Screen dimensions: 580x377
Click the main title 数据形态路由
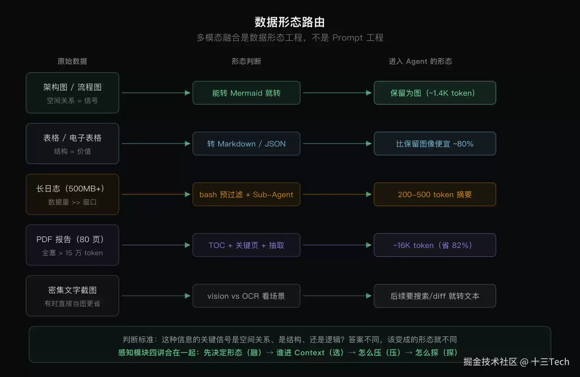[x=290, y=22]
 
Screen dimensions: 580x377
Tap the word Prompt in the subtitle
[x=348, y=38]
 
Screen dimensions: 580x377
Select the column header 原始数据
[x=72, y=61]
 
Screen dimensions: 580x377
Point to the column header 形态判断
[x=246, y=61]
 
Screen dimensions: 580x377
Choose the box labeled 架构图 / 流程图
[x=72, y=93]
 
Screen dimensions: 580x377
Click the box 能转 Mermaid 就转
[x=246, y=93]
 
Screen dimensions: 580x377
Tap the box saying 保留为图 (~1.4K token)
[x=435, y=93]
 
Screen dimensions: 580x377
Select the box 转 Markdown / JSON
[x=246, y=144]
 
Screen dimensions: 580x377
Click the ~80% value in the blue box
[x=463, y=144]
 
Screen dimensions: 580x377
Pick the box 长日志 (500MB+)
[x=72, y=194]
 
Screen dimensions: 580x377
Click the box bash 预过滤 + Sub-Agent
[x=246, y=194]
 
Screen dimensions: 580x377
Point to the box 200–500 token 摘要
[x=435, y=194]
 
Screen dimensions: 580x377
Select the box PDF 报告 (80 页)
[x=72, y=245]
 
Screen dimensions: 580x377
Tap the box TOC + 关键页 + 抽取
[x=246, y=245]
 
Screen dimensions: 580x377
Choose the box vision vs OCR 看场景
[x=246, y=296]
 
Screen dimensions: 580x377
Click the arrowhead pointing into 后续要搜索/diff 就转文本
[x=369, y=296]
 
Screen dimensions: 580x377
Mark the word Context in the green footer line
[x=310, y=353]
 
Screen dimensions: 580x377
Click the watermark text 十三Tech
[x=550, y=362]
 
